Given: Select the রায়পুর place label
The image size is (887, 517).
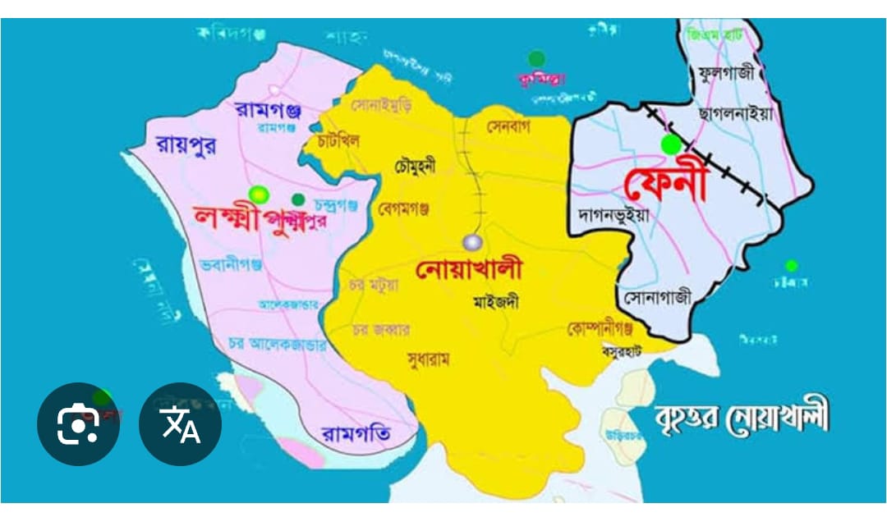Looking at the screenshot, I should pos(185,144).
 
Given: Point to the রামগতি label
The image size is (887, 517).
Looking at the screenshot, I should pos(356,432).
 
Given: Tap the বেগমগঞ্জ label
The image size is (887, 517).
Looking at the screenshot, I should pos(403,209).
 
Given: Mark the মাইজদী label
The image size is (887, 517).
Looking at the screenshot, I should pos(496,301).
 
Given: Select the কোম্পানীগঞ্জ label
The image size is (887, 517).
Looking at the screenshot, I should pos(600,329).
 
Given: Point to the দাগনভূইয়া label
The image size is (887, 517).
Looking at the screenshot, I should pos(614,216).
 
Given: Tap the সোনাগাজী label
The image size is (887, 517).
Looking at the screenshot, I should pos(657,296).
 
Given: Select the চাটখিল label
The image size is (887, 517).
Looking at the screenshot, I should pos(338,141).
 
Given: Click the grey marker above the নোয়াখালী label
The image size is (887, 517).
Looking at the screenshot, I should pos(472,242).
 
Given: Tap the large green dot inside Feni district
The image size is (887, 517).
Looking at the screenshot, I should pos(672,145).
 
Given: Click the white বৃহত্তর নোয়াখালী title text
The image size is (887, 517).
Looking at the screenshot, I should pos(742,419).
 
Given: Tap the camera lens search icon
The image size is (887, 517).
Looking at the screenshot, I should pos(78,424).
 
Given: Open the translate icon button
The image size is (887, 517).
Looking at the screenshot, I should pos(180,424).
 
